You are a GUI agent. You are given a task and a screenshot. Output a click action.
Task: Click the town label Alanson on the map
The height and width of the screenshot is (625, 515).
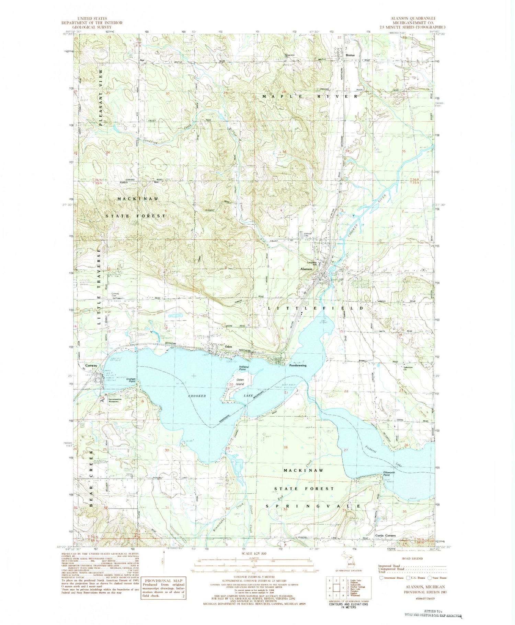point(306,269)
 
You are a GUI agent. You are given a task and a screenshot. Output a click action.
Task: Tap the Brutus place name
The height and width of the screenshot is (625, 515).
point(350,55)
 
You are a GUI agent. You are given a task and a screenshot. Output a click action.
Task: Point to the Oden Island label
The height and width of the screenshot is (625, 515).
point(240,382)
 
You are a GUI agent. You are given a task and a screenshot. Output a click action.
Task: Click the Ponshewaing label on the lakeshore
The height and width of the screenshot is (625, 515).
point(297,365)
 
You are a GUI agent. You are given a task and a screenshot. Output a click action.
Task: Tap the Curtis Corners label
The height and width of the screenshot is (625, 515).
point(385,535)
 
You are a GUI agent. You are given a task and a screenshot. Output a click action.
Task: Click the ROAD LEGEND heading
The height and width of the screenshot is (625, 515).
point(412,558)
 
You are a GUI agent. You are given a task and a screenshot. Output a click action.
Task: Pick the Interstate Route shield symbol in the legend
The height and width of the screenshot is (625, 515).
point(381,578)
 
